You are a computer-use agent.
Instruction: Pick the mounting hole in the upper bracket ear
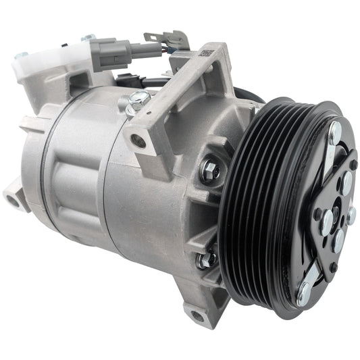[x=139, y=141]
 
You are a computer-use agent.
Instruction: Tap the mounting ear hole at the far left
[x=13, y=199]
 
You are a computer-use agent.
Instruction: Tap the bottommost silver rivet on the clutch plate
[x=303, y=292]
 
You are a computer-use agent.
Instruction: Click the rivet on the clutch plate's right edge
[x=351, y=215]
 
